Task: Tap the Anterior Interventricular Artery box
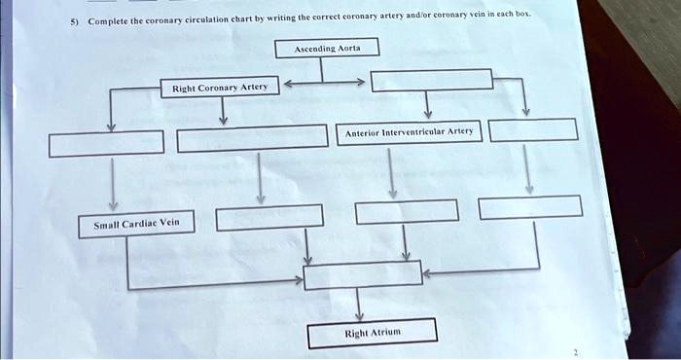point(408,132)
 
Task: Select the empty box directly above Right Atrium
point(362,274)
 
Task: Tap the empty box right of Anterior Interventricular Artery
point(533,128)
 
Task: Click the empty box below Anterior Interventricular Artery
point(406,211)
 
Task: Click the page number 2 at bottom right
point(575,352)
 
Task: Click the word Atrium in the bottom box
point(384,334)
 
